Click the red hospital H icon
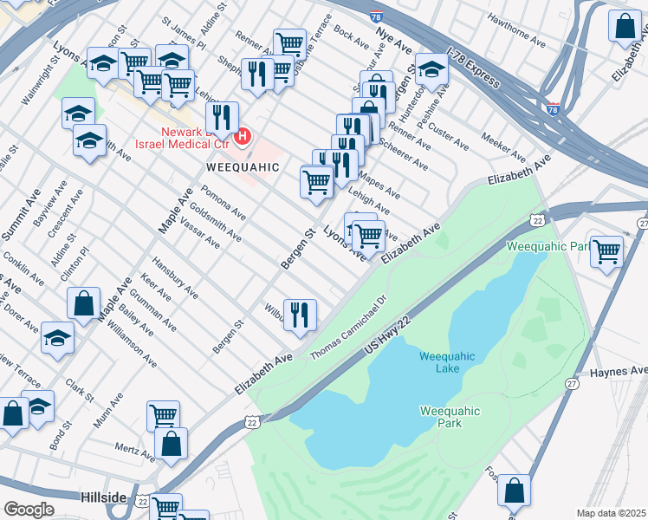click(243, 136)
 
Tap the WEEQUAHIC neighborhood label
click(242, 166)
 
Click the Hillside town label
click(104, 497)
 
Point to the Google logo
click(28, 509)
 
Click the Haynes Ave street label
click(619, 372)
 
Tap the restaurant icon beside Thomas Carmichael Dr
click(300, 314)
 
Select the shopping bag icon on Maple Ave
click(84, 303)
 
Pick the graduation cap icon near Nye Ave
click(431, 68)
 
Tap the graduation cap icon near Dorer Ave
click(57, 337)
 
